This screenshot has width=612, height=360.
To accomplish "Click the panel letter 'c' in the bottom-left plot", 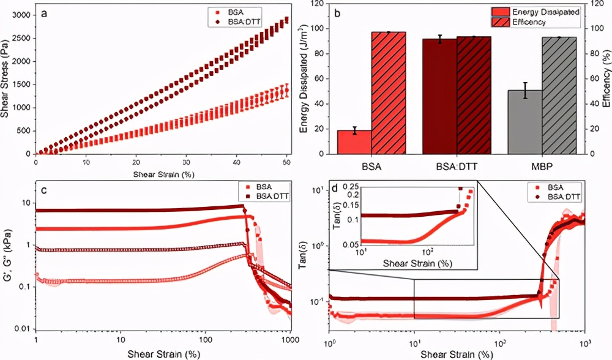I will coord(44,190).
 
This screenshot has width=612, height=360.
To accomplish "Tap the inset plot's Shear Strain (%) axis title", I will coord(418,263).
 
